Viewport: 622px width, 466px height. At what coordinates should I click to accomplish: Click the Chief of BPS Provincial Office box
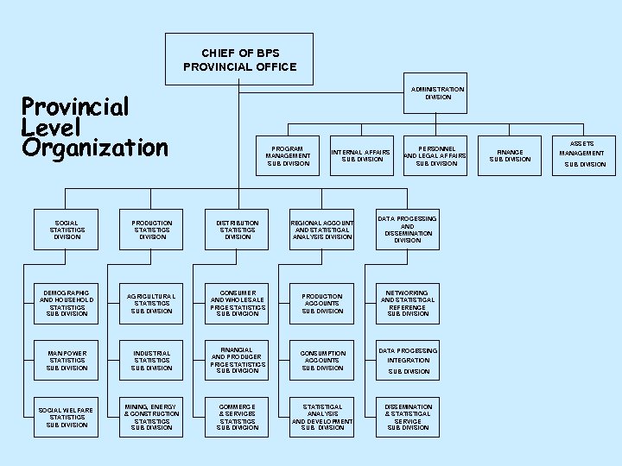tap(239, 60)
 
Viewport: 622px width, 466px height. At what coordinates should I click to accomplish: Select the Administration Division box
tap(437, 93)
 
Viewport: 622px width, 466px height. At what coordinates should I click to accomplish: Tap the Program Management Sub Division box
tap(289, 155)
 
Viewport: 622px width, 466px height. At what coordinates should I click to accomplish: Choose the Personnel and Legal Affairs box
tap(436, 155)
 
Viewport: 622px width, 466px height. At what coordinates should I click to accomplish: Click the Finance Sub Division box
tap(510, 155)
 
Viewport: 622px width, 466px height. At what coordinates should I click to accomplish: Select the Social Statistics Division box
tap(67, 230)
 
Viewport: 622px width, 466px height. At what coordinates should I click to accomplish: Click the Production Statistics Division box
tap(152, 230)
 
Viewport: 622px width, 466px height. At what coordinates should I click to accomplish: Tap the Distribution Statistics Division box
tap(238, 230)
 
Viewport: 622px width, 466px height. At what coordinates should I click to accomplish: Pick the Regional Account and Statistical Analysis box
tap(321, 230)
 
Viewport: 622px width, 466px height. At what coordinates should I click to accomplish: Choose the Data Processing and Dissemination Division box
tap(407, 230)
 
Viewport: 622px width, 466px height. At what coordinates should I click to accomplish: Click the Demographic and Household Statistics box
tap(67, 303)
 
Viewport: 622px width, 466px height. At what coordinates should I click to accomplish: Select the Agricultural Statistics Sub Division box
tap(152, 303)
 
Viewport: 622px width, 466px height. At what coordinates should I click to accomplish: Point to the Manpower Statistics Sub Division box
tap(67, 361)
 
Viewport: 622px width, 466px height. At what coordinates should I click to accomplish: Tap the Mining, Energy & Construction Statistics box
tap(152, 417)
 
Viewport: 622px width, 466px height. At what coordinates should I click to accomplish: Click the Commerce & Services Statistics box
tap(238, 417)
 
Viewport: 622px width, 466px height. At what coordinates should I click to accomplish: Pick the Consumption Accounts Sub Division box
tap(321, 361)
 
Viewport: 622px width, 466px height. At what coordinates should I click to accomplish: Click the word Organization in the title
tap(95, 148)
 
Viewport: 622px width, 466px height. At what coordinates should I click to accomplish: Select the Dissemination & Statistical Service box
tap(407, 417)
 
